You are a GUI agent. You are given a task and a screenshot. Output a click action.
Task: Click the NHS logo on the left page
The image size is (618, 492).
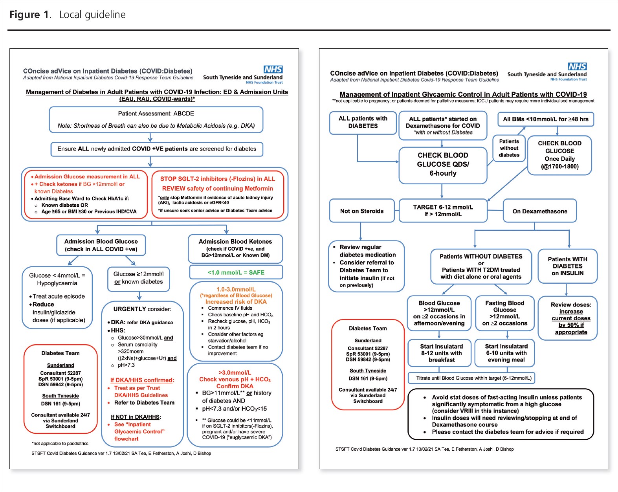tap(273, 69)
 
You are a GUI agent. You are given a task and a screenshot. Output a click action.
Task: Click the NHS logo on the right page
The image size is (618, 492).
tap(577, 66)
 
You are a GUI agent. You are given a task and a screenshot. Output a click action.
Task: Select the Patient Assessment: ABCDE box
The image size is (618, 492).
tap(156, 119)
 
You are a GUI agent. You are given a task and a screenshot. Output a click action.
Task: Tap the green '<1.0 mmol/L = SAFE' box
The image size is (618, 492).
tap(236, 272)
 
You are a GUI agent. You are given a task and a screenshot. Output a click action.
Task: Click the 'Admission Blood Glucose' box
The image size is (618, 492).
tap(101, 245)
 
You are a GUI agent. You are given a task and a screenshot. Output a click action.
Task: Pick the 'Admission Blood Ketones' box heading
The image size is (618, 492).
tap(235, 242)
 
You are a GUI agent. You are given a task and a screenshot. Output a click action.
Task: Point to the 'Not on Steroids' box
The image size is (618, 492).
tap(362, 211)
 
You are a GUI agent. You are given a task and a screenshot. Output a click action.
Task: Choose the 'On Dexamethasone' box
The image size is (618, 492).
tap(539, 211)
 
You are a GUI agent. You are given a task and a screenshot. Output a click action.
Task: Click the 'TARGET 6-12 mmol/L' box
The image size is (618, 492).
tap(443, 211)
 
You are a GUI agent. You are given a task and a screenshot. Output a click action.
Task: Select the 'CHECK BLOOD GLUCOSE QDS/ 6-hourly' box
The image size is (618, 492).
tap(443, 165)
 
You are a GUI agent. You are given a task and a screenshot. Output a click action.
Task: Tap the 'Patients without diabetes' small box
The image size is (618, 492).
tap(509, 148)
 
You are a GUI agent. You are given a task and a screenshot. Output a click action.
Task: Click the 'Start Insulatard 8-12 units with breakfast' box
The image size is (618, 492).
tap(439, 353)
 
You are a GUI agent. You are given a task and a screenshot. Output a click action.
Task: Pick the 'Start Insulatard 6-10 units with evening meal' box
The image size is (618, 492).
tap(505, 353)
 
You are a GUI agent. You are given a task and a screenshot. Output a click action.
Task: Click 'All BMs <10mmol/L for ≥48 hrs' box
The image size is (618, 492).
tap(546, 119)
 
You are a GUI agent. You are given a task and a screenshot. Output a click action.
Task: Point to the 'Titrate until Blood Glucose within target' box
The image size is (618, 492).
tap(471, 378)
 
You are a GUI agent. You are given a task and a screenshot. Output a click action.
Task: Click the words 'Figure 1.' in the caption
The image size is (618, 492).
tap(30, 15)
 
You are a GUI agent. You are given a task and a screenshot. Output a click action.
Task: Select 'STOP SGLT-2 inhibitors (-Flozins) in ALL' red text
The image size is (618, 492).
tap(217, 179)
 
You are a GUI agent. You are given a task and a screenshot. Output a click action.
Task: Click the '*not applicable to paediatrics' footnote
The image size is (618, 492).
tap(60, 443)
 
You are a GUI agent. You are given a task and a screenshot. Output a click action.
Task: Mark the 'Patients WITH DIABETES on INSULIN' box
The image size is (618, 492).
tap(567, 266)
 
